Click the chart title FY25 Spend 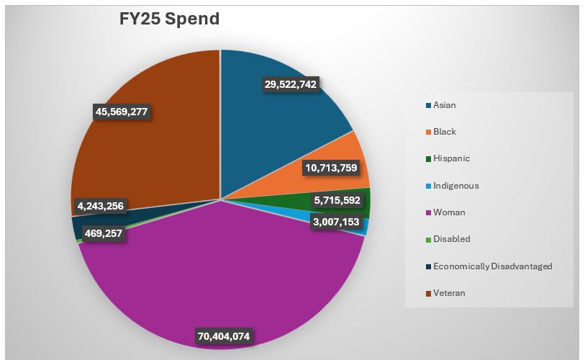click(169, 19)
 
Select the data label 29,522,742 click(291, 84)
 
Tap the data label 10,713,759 click(331, 168)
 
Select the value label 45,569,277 click(126, 112)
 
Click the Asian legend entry click(444, 105)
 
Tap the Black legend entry click(444, 132)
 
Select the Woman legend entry click(448, 212)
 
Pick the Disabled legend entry click(451, 239)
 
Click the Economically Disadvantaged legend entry click(492, 266)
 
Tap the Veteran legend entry click(450, 293)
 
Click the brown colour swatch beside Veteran click(429, 293)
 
